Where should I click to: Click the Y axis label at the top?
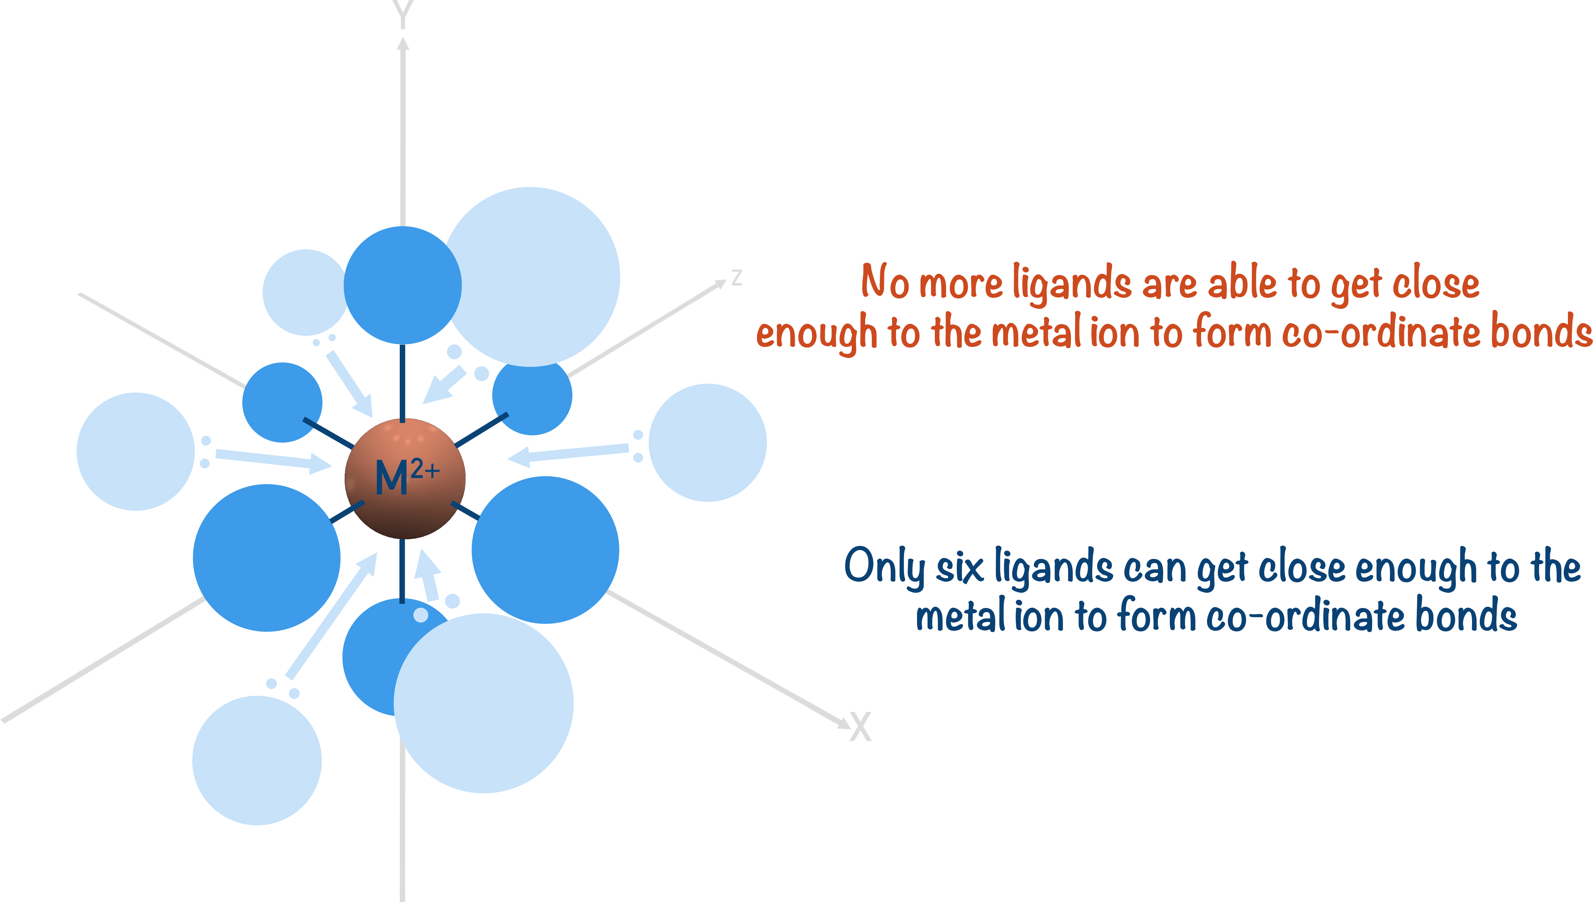(403, 14)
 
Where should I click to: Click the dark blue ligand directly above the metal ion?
(403, 285)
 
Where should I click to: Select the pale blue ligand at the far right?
(707, 442)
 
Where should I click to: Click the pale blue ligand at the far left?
(136, 451)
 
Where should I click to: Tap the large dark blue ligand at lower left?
(266, 558)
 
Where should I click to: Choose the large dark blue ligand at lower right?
(545, 549)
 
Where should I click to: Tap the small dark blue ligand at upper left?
(282, 402)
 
